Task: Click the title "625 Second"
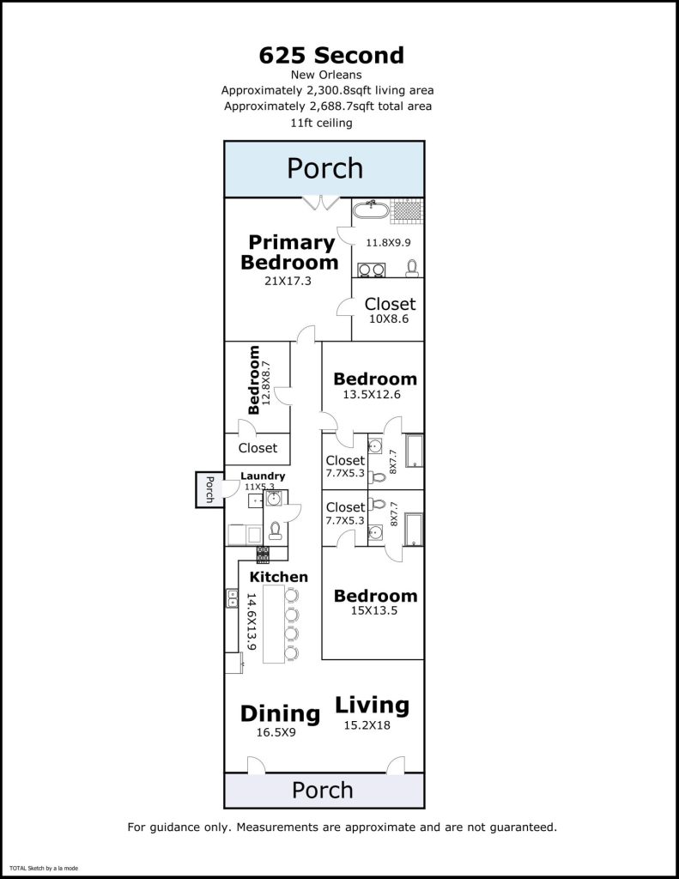click(x=331, y=56)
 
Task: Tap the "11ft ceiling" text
click(x=322, y=123)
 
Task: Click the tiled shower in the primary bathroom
click(x=403, y=209)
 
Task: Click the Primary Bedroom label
click(x=290, y=252)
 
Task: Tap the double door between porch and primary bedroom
click(x=320, y=203)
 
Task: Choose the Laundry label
click(x=263, y=476)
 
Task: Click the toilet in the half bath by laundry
click(x=275, y=529)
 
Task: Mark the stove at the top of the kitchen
click(x=263, y=554)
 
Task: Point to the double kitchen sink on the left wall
click(x=232, y=598)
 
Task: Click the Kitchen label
click(x=278, y=577)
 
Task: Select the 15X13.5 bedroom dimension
click(x=375, y=612)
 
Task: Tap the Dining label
click(x=280, y=713)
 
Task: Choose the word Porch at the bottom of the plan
click(x=323, y=790)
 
